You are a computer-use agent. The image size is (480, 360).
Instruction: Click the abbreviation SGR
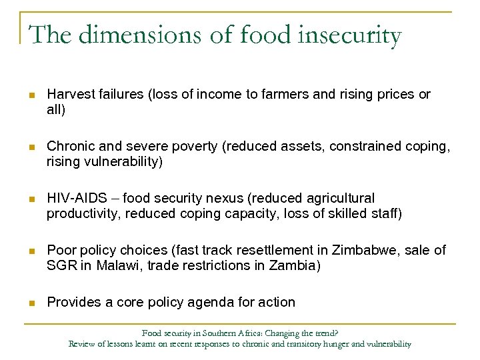pos(59,265)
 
